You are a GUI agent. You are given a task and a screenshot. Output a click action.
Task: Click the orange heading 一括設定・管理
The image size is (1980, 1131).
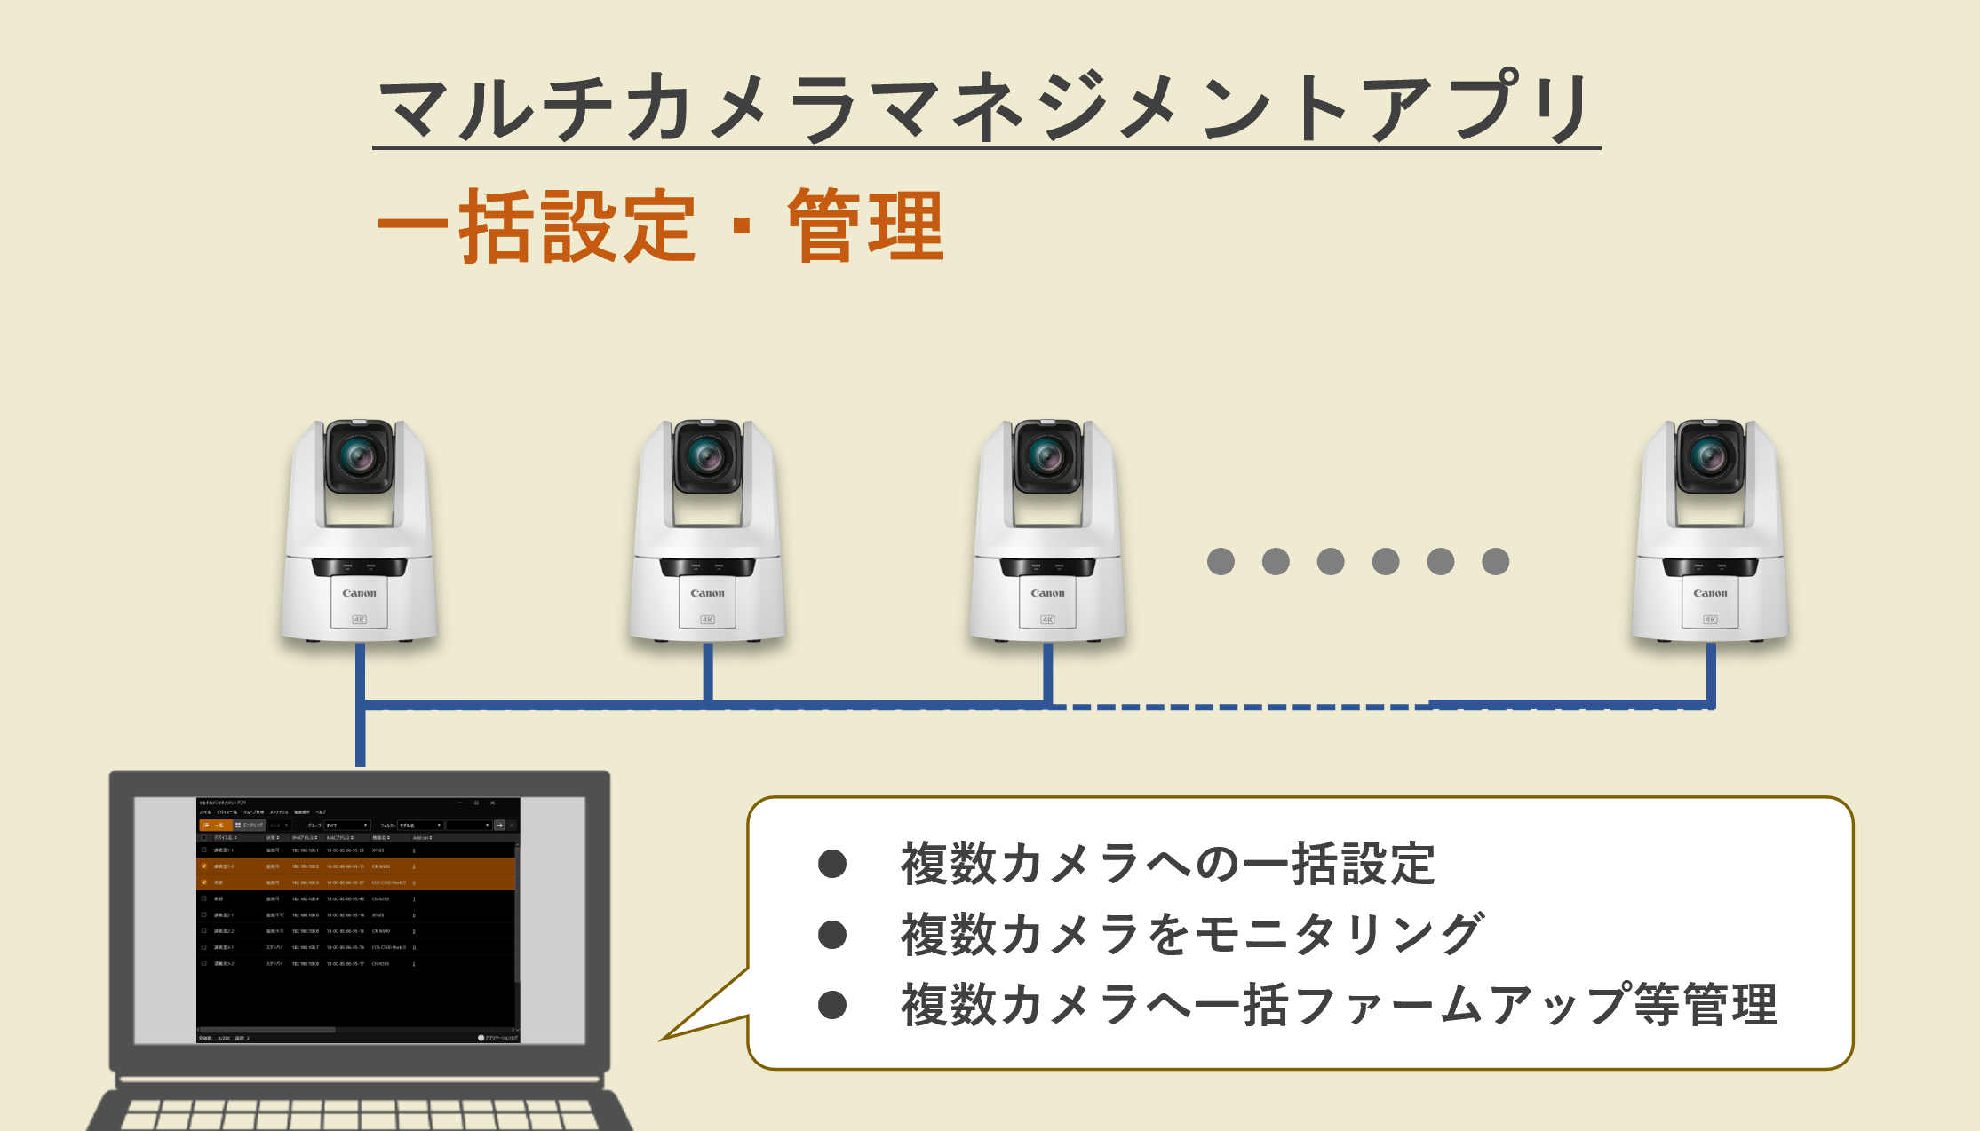pyautogui.click(x=661, y=226)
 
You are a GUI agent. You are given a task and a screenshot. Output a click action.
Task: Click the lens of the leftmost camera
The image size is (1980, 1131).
pyautogui.click(x=360, y=457)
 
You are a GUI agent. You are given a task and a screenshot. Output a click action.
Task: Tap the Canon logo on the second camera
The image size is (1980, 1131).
pyautogui.click(x=707, y=593)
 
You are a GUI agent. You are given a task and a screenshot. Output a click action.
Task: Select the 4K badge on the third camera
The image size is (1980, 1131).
pyautogui.click(x=1047, y=620)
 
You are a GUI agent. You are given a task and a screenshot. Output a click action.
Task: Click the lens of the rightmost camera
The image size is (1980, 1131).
pyautogui.click(x=1710, y=457)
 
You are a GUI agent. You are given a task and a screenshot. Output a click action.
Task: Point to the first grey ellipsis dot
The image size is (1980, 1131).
pyautogui.click(x=1221, y=561)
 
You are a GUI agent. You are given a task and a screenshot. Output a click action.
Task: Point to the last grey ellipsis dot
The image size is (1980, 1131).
pyautogui.click(x=1495, y=561)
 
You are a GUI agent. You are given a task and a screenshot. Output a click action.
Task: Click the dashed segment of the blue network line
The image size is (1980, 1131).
pyautogui.click(x=1244, y=707)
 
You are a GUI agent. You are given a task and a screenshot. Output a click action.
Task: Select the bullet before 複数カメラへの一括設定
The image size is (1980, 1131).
pyautogui.click(x=832, y=864)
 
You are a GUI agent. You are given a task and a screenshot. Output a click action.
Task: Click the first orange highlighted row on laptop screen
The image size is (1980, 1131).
pyautogui.click(x=355, y=866)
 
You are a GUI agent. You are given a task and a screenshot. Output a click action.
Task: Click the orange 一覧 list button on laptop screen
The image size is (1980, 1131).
pyautogui.click(x=215, y=825)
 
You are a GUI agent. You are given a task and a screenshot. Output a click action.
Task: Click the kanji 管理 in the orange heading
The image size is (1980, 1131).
pyautogui.click(x=866, y=226)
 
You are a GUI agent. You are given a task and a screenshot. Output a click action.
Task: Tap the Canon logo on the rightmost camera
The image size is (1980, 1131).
pyautogui.click(x=1710, y=593)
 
